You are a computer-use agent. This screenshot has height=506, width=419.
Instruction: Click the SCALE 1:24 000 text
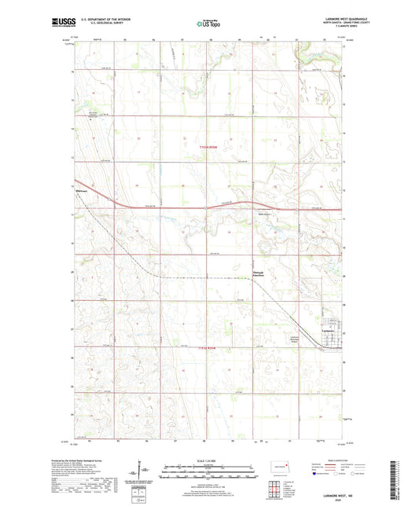[209, 460]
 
